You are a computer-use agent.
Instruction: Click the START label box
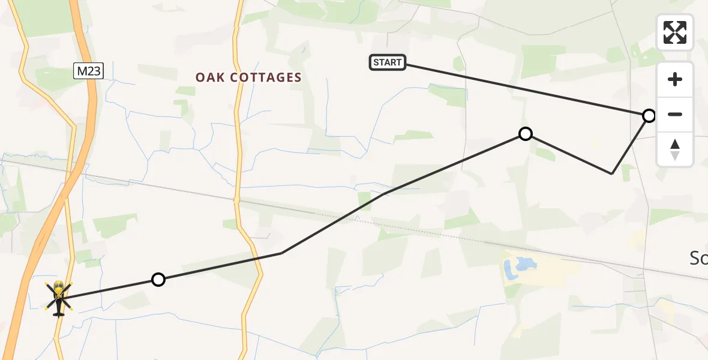click(388, 62)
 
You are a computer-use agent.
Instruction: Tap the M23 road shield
click(89, 71)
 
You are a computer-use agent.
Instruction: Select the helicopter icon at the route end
click(58, 297)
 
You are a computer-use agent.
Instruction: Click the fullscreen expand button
click(674, 32)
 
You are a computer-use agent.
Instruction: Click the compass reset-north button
click(674, 149)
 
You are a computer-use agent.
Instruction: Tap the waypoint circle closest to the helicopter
click(158, 280)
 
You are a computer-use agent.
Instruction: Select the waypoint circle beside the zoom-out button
click(649, 116)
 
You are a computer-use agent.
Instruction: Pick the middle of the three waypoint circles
click(525, 134)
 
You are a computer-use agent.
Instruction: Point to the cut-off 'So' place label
click(698, 259)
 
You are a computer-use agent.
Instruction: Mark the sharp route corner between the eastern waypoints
click(611, 173)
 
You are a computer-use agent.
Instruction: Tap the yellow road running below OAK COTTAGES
click(239, 150)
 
